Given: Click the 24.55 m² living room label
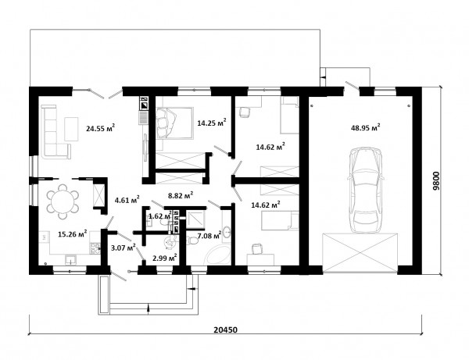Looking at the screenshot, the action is pyautogui.click(x=101, y=128).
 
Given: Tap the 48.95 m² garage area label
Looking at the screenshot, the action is pyautogui.click(x=365, y=127).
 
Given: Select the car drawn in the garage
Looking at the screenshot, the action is pyautogui.click(x=365, y=190).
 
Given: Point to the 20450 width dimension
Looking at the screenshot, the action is pyautogui.click(x=226, y=330).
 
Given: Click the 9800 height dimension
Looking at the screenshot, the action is pyautogui.click(x=436, y=181).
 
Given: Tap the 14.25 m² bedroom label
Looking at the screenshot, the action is pyautogui.click(x=212, y=123).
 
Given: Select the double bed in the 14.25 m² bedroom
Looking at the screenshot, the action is pyautogui.click(x=174, y=123).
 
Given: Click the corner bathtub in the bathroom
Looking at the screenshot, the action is pyautogui.click(x=218, y=253).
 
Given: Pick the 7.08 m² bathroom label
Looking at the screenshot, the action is pyautogui.click(x=209, y=235).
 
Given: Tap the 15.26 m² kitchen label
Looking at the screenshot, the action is pyautogui.click(x=73, y=233).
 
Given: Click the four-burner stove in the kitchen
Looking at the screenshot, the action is pyautogui.click(x=95, y=248).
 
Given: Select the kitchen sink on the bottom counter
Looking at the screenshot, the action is pyautogui.click(x=70, y=259).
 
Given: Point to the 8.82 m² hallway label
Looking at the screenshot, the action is pyautogui.click(x=181, y=195).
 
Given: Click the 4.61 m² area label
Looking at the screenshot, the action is pyautogui.click(x=127, y=200).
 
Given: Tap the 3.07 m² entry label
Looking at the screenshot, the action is pyautogui.click(x=123, y=248).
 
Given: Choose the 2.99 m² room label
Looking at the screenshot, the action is pyautogui.click(x=164, y=258).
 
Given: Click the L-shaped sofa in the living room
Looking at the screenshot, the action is pyautogui.click(x=55, y=131).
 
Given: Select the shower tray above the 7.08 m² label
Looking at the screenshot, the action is pyautogui.click(x=195, y=220).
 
